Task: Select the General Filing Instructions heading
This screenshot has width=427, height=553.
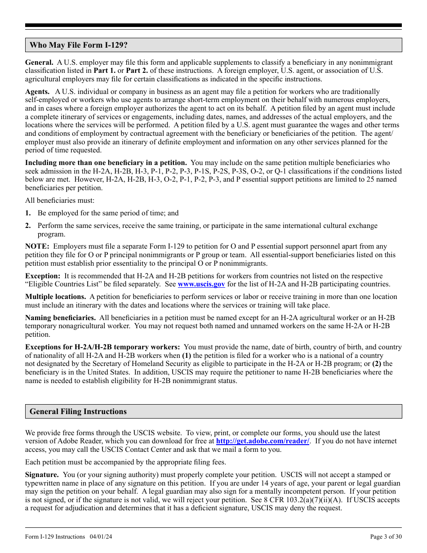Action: [x=78, y=411]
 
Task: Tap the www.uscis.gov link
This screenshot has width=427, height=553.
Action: [x=201, y=284]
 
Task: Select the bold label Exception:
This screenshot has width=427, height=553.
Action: [x=43, y=276]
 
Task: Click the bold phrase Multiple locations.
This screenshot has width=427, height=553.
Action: [x=56, y=297]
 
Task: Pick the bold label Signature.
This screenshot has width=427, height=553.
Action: [x=42, y=475]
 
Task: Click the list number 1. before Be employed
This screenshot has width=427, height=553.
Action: [x=28, y=214]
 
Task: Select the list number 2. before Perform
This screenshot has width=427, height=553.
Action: [x=28, y=226]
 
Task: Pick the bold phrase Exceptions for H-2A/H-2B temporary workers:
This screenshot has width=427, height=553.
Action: [x=102, y=347]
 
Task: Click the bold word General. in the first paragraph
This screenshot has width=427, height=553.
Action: [x=39, y=62]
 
